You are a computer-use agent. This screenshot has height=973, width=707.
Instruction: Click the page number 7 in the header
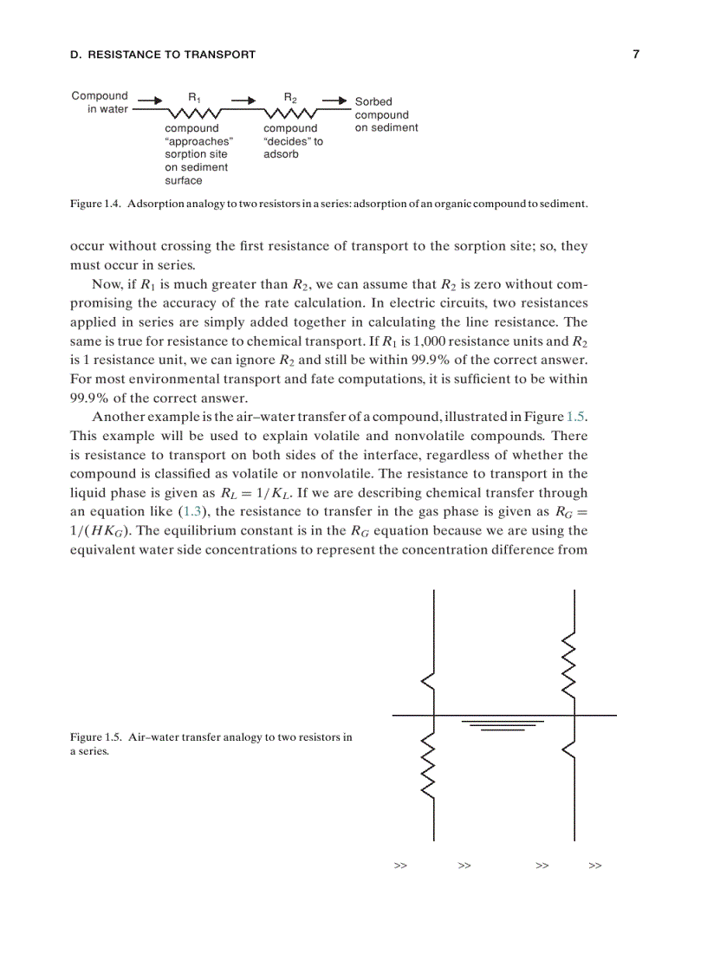coord(635,55)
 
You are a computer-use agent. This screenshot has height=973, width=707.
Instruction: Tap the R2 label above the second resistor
coord(290,97)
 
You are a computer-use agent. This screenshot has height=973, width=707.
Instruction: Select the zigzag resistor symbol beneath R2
coord(291,114)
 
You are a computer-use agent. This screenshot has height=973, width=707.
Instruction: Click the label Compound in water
coord(100,102)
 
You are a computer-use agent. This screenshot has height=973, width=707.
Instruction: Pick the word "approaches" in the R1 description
coord(199,141)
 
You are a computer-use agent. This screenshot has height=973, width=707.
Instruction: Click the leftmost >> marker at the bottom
coord(400,866)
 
